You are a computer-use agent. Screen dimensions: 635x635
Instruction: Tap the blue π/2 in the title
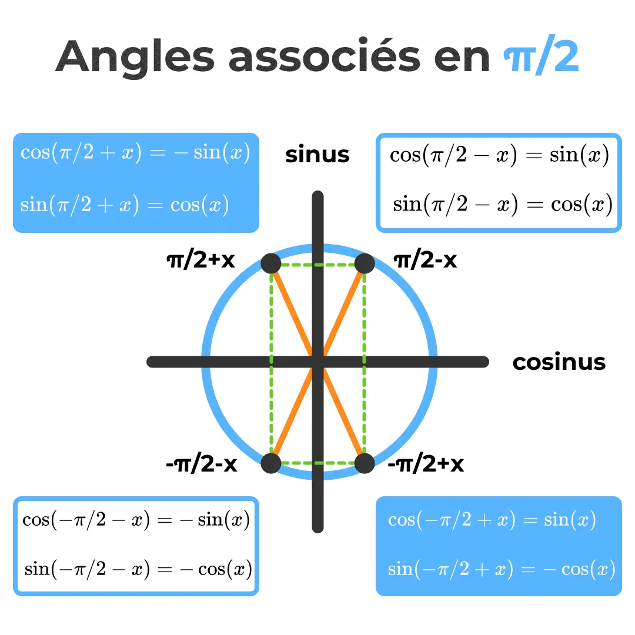(542, 57)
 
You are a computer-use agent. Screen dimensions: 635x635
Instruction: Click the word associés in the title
(324, 57)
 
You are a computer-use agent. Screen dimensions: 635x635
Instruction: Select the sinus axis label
(317, 155)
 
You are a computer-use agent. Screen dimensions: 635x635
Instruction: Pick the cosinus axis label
(559, 362)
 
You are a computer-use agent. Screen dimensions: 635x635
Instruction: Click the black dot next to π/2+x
(270, 264)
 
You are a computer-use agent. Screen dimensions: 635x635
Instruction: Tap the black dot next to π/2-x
(365, 264)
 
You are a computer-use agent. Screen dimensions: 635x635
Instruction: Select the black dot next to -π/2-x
(270, 463)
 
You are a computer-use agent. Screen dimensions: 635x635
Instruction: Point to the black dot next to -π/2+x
(365, 463)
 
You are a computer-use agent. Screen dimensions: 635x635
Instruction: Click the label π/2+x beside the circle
(200, 260)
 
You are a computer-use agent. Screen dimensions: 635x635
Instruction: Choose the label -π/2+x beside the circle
(426, 464)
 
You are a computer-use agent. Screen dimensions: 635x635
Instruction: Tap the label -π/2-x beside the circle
(201, 464)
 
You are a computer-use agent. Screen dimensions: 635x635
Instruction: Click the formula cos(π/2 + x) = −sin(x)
(135, 153)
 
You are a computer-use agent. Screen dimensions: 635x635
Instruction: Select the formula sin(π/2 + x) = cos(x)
(125, 205)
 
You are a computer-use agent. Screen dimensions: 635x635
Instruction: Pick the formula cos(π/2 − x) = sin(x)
(499, 155)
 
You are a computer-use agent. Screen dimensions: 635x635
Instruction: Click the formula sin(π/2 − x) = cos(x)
(503, 205)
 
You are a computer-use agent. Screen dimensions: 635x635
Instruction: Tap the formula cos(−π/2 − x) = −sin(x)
(136, 520)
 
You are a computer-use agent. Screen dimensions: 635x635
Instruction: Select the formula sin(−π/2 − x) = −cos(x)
(138, 569)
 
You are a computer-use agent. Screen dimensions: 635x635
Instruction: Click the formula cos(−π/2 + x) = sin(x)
(492, 520)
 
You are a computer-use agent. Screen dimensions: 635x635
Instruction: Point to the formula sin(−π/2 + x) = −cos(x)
(502, 569)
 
